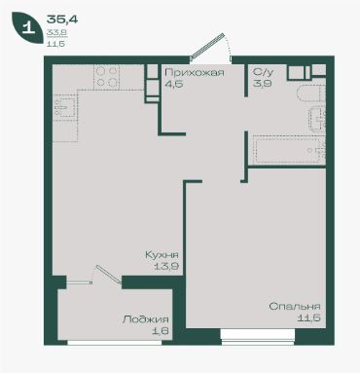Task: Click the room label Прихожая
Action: (195, 72)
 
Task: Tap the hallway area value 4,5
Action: (174, 84)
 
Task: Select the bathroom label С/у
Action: (263, 72)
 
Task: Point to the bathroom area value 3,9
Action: (263, 84)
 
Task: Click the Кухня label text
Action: (162, 255)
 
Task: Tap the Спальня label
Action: (295, 306)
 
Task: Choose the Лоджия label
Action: (146, 319)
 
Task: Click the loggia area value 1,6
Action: (162, 331)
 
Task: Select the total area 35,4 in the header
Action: (62, 19)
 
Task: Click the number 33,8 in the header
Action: (56, 32)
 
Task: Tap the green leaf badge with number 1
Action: (27, 28)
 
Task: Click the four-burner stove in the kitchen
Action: (107, 77)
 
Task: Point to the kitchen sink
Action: (65, 108)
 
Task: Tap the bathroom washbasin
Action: (317, 119)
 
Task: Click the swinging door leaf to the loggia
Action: (108, 275)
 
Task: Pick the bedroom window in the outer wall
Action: (258, 336)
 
